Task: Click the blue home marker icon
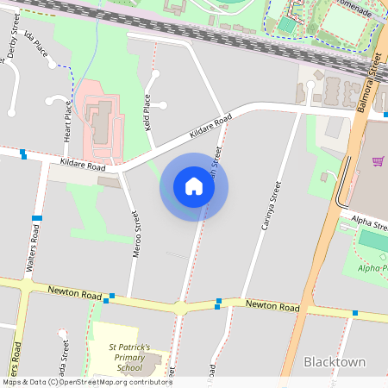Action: (194, 186)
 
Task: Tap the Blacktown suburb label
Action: (335, 362)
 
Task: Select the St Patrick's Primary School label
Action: (129, 358)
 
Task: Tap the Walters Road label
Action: (34, 246)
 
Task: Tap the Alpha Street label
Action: (370, 222)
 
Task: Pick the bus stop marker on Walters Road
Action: (37, 218)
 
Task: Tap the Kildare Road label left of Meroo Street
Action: (83, 165)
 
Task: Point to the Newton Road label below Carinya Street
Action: (272, 306)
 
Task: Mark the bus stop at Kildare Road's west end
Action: (23, 155)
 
